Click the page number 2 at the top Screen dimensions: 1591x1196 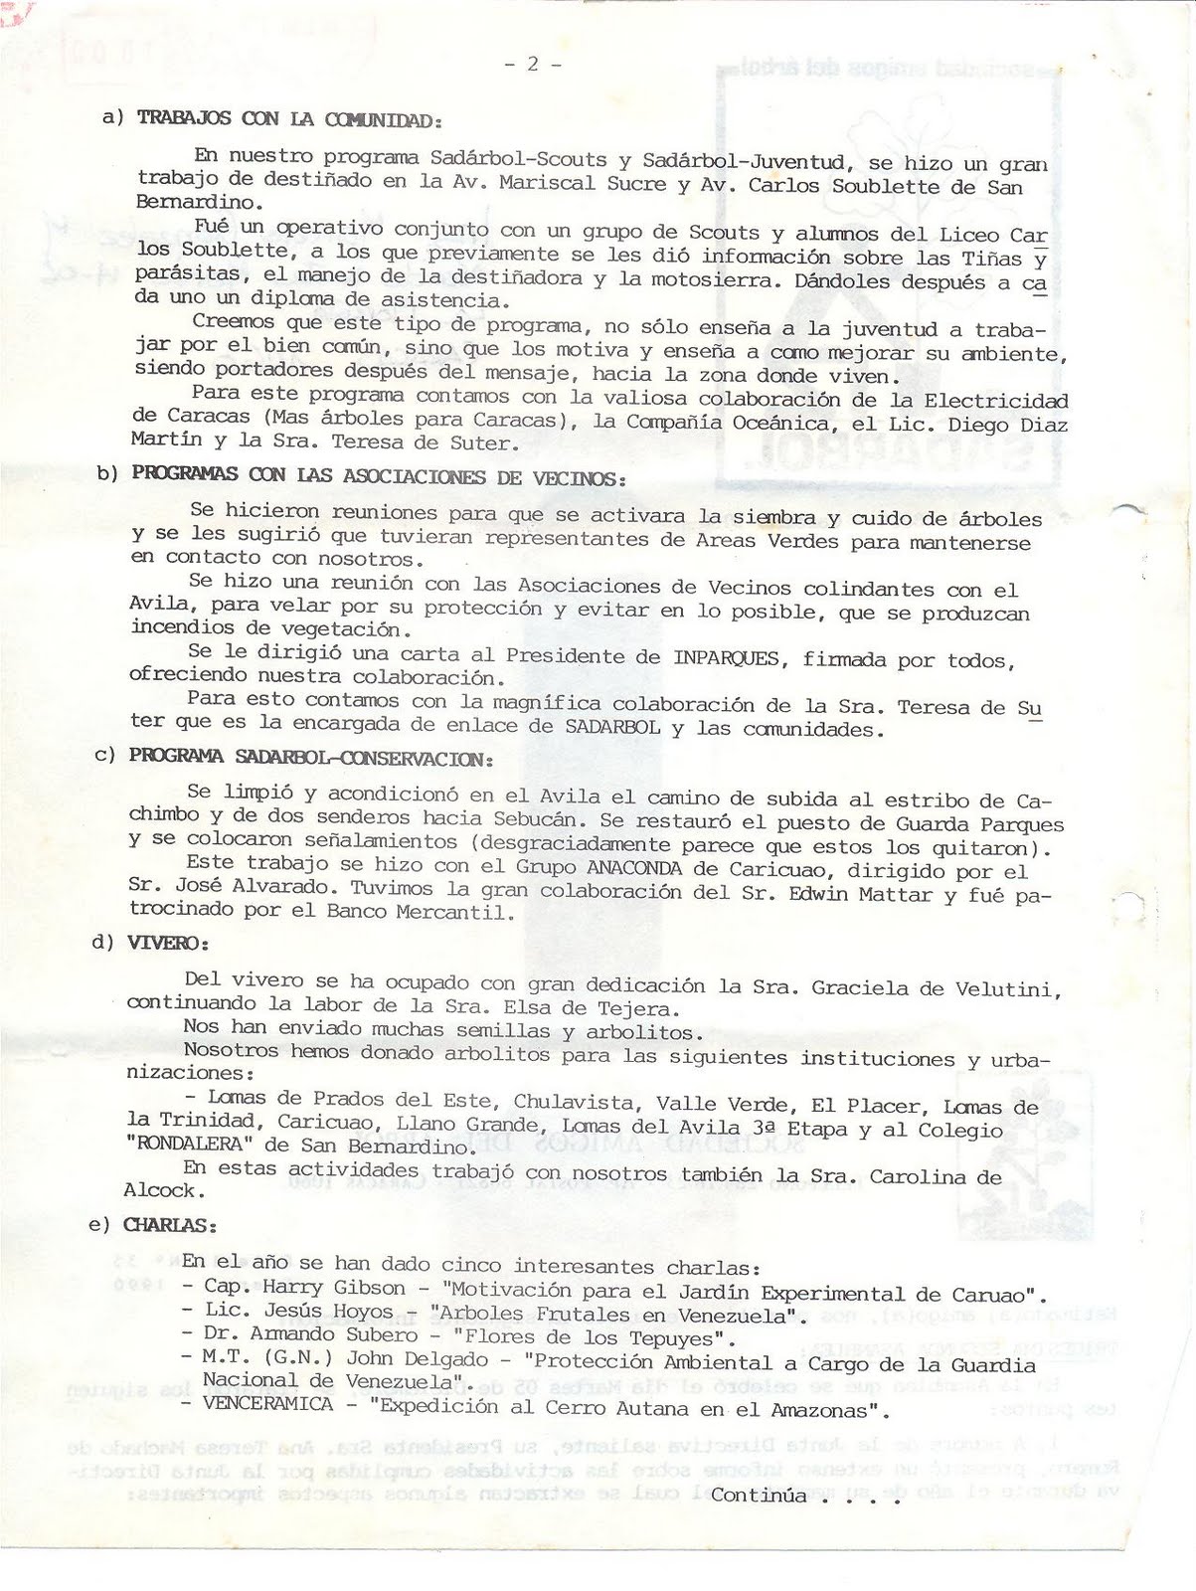[x=533, y=64]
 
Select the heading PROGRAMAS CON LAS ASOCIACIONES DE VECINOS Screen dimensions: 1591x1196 [x=378, y=475]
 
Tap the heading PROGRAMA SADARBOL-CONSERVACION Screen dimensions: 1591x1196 [x=310, y=757]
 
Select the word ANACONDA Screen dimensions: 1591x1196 [x=634, y=868]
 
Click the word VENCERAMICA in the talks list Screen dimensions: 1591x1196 [x=268, y=1405]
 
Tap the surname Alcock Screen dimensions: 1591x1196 [x=164, y=1190]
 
